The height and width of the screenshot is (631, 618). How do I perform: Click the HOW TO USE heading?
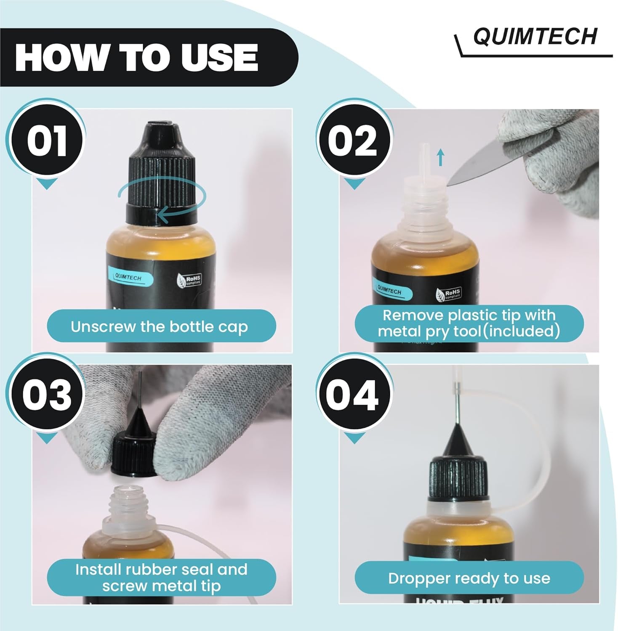click(137, 58)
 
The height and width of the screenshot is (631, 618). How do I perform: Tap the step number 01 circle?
click(46, 141)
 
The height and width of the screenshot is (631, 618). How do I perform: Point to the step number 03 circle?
click(46, 395)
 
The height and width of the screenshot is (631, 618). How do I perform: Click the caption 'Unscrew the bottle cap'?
click(160, 326)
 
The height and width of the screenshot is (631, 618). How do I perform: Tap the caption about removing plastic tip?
click(469, 323)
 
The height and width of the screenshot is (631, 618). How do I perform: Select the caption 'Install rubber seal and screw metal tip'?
click(161, 577)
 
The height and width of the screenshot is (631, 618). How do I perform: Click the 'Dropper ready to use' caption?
click(469, 578)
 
